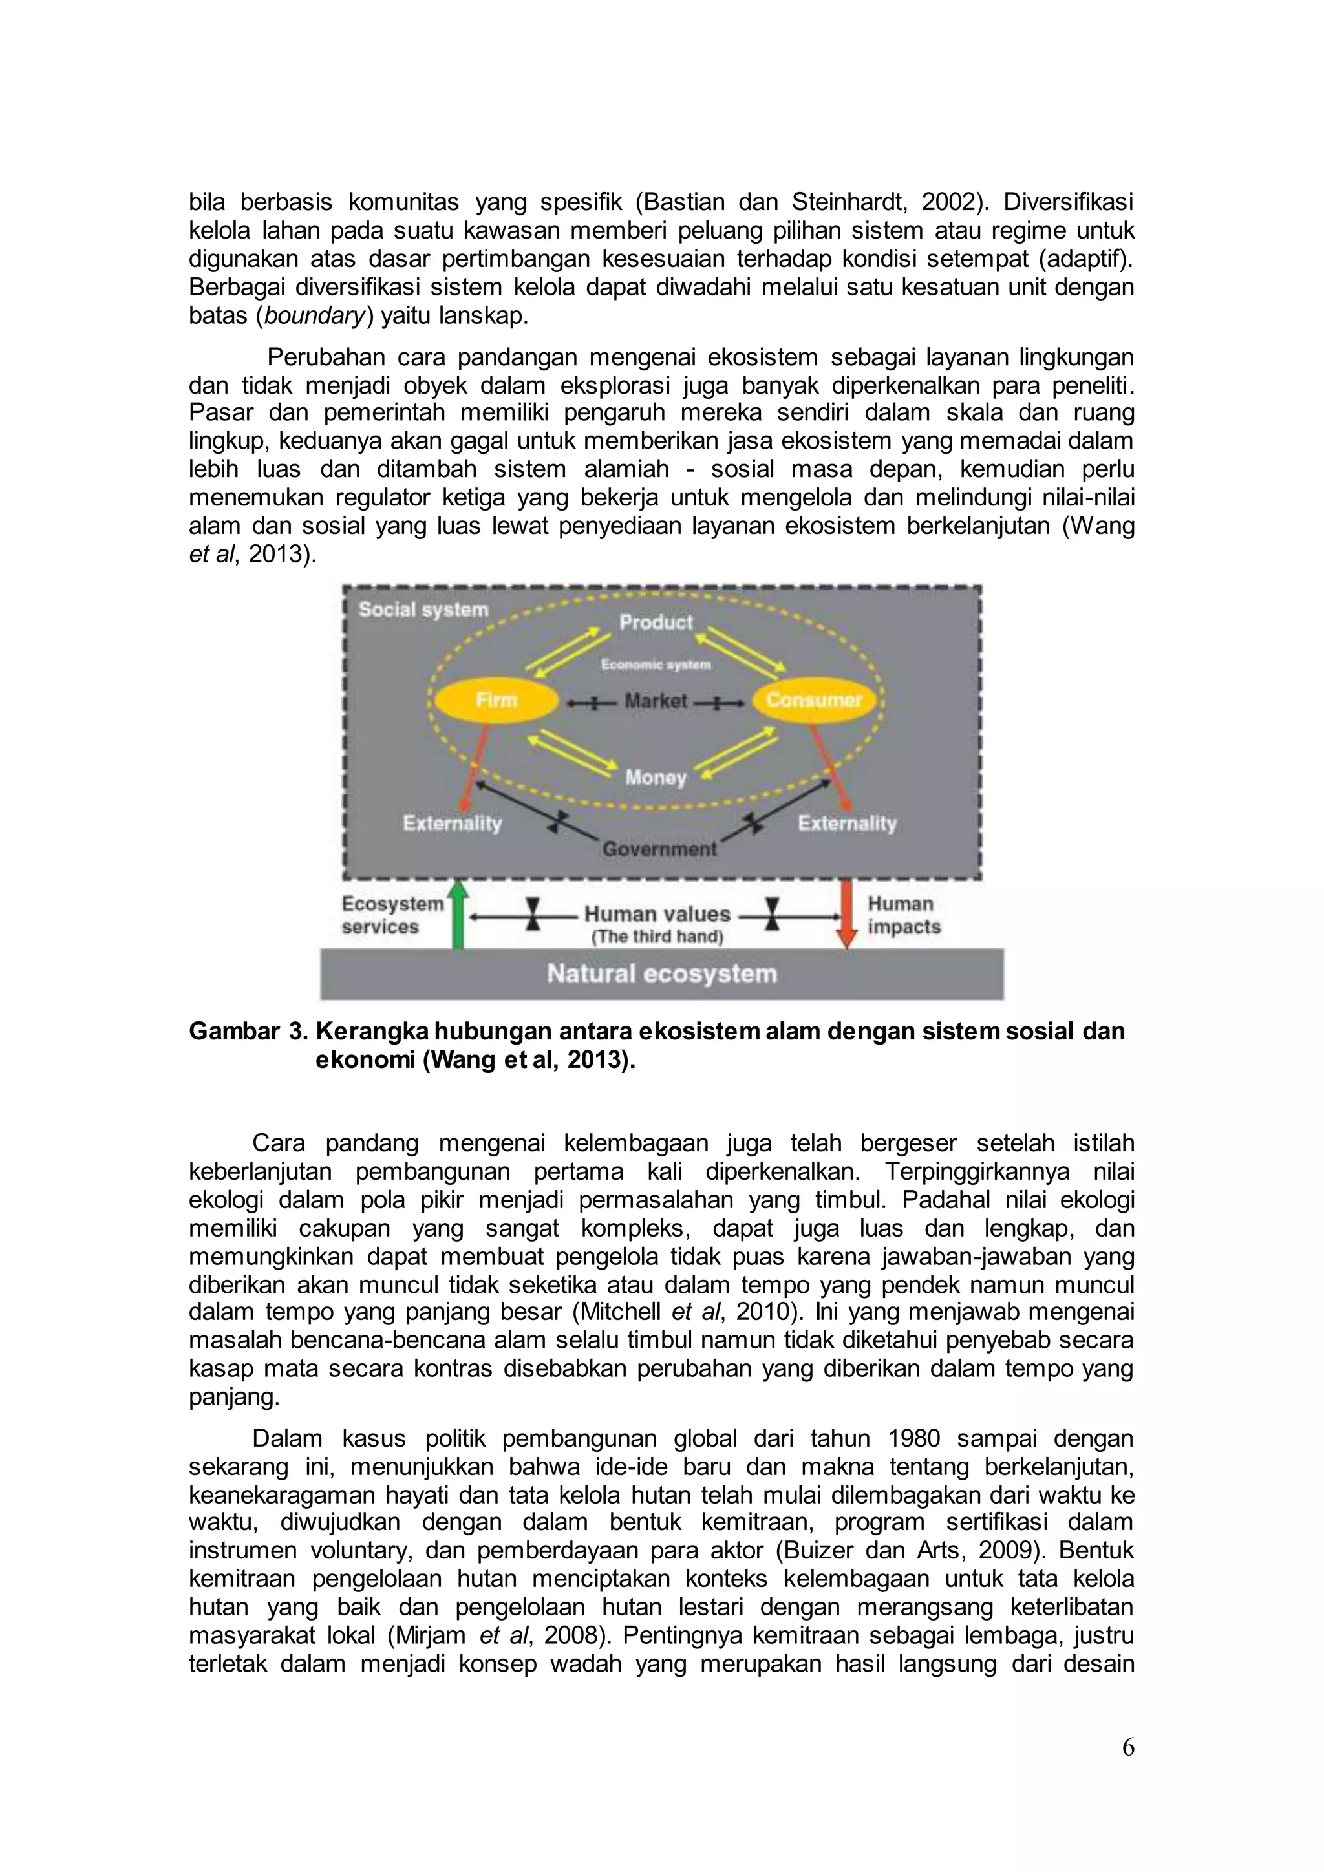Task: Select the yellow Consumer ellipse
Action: pyautogui.click(x=814, y=700)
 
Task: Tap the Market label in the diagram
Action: pyautogui.click(x=656, y=701)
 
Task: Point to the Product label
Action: pyautogui.click(x=656, y=622)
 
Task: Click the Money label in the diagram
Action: pyautogui.click(x=656, y=777)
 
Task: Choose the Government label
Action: pyautogui.click(x=659, y=849)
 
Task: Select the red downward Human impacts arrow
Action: pyautogui.click(x=847, y=913)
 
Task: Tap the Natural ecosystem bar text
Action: pyautogui.click(x=661, y=973)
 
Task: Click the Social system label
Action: pyautogui.click(x=423, y=609)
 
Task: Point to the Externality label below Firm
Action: pyautogui.click(x=452, y=824)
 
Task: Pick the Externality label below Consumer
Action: pyautogui.click(x=846, y=824)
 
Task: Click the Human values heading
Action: pyautogui.click(x=656, y=914)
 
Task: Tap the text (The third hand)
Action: pyautogui.click(x=657, y=937)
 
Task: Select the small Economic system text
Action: pyautogui.click(x=656, y=665)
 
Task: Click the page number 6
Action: pyautogui.click(x=1127, y=1747)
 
